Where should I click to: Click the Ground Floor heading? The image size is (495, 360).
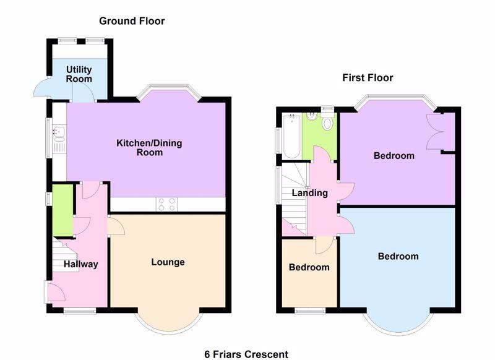(132, 21)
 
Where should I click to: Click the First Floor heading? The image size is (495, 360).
(368, 78)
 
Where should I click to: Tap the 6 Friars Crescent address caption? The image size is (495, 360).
(246, 354)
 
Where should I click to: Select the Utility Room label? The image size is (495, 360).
(79, 75)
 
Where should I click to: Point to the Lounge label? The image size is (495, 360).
(168, 262)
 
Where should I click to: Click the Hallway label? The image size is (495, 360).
(80, 265)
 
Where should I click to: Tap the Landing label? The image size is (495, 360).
(310, 193)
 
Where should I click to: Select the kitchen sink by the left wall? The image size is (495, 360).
(59, 132)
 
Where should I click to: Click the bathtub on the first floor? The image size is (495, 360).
(291, 135)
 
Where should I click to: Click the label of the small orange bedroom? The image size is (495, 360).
(309, 268)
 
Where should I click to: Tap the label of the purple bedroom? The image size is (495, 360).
(394, 156)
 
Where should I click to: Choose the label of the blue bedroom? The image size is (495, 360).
(398, 257)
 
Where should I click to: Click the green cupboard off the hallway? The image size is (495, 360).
(62, 210)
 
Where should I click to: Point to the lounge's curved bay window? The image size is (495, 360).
(168, 324)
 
